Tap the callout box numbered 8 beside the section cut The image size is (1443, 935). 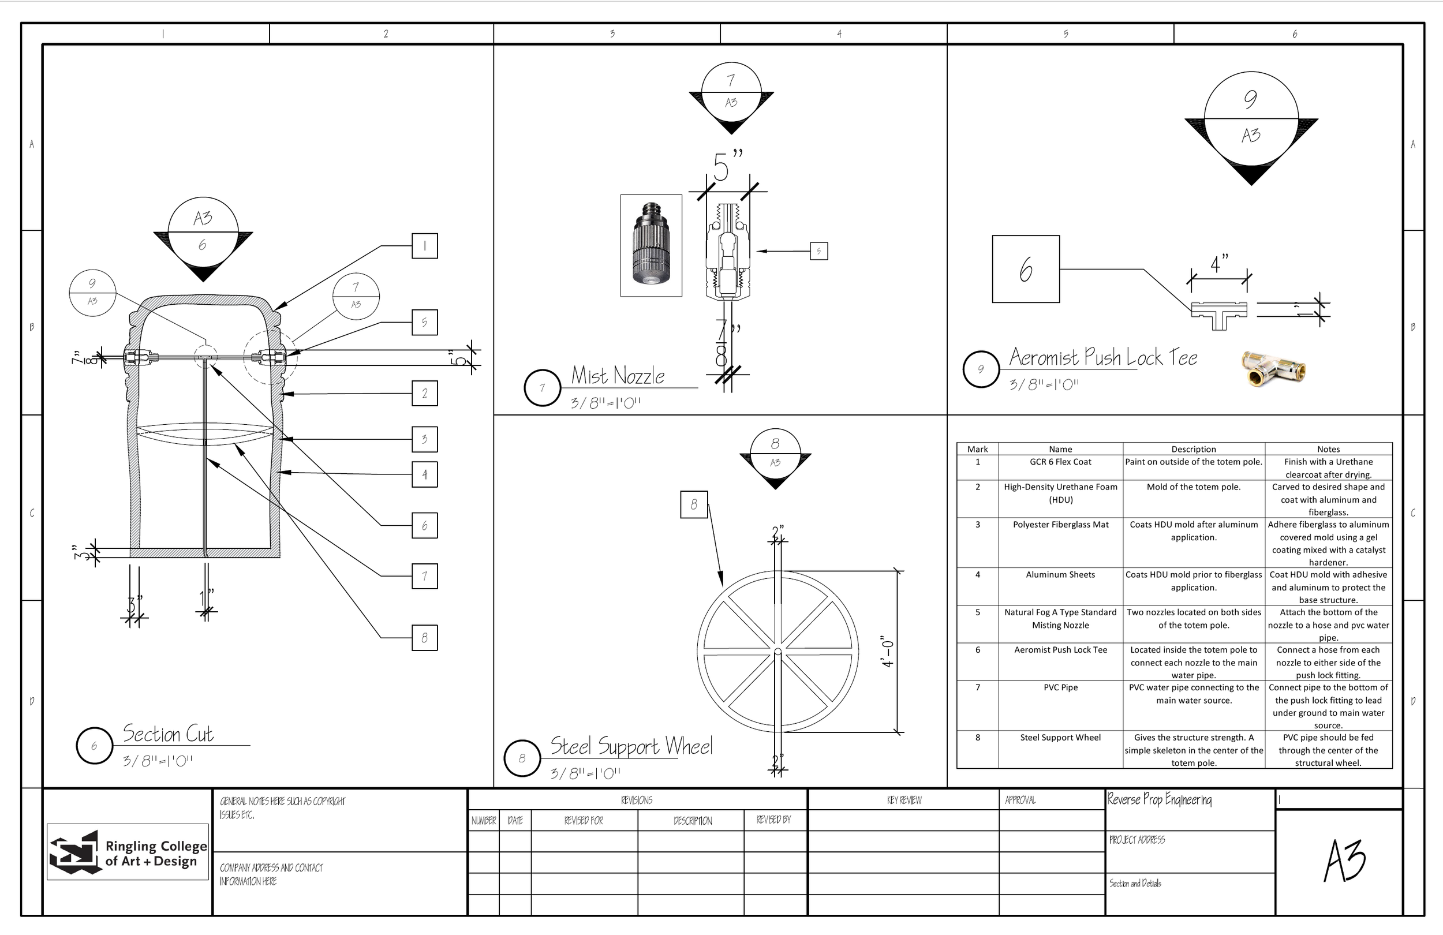pos(424,638)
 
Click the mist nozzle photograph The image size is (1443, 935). pos(651,245)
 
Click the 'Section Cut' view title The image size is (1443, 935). pos(168,734)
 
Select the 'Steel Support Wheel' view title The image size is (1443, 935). pos(630,746)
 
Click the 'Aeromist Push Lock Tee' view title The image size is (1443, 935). pos(1103,357)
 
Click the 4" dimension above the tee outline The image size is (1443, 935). pos(1219,264)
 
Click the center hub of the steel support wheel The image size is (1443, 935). pos(778,652)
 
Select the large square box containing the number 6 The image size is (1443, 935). pos(1026,269)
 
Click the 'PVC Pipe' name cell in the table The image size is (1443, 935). pos(1060,687)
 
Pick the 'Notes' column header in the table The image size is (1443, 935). pos(1328,449)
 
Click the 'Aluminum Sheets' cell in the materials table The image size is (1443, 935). pos(1060,575)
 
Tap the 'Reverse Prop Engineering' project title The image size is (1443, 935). pos(1159,800)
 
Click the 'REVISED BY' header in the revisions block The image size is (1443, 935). pos(773,820)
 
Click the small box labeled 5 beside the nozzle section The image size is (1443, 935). pos(818,251)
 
